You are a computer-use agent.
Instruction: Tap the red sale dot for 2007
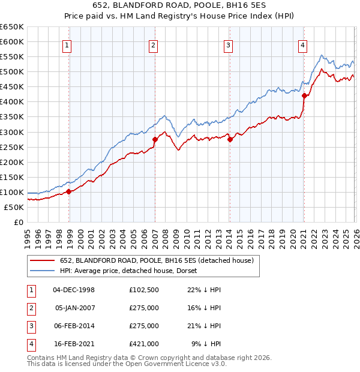155,139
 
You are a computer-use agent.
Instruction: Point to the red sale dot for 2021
304,95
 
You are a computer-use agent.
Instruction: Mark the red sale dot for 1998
69,191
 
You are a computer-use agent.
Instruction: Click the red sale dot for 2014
230,139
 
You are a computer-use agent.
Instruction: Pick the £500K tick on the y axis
12,72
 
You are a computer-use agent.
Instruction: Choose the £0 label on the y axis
19,222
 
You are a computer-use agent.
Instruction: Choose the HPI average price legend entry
132,271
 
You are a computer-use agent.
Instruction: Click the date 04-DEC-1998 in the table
74,290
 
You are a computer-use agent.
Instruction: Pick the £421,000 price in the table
143,344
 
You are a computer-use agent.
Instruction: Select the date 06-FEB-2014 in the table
74,326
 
